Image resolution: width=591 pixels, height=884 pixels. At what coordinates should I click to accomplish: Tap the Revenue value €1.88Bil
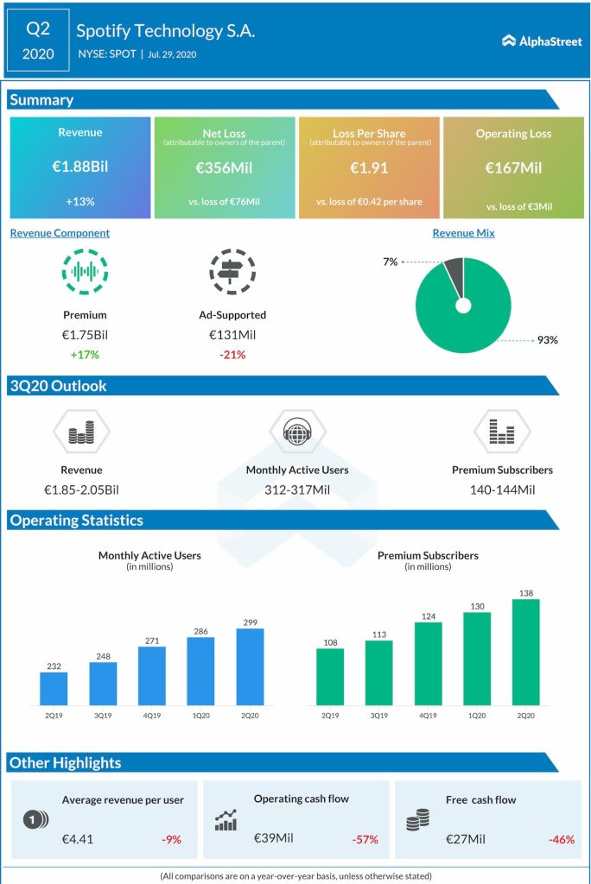pyautogui.click(x=79, y=167)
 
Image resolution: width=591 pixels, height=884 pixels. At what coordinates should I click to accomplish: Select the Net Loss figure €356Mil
pyautogui.click(x=224, y=167)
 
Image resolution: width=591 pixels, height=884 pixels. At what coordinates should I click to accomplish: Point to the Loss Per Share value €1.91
pyautogui.click(x=368, y=167)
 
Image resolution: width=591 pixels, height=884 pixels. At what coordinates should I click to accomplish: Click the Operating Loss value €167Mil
pyautogui.click(x=513, y=167)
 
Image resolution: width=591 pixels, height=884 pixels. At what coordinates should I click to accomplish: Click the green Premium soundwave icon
pyautogui.click(x=85, y=272)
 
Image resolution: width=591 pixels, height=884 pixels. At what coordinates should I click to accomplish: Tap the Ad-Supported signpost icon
pyautogui.click(x=232, y=272)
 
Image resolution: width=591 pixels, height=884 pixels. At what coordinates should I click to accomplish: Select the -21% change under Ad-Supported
pyautogui.click(x=232, y=354)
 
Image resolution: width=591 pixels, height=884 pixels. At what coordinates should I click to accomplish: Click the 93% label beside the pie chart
pyautogui.click(x=547, y=340)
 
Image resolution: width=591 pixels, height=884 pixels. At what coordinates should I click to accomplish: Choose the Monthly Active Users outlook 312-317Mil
pyautogui.click(x=297, y=489)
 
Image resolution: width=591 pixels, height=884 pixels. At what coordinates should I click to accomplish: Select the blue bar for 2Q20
pyautogui.click(x=250, y=666)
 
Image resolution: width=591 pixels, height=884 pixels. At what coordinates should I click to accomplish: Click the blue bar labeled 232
pyautogui.click(x=54, y=688)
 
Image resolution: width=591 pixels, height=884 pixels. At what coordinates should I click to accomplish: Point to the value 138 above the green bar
pyautogui.click(x=525, y=592)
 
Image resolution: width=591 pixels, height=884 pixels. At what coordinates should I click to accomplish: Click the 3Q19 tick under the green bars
pyautogui.click(x=378, y=715)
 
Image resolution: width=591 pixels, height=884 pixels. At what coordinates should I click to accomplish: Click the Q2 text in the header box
pyautogui.click(x=38, y=28)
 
